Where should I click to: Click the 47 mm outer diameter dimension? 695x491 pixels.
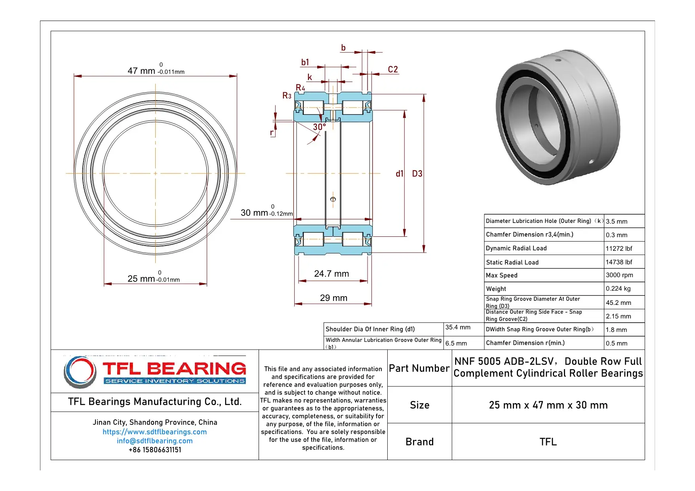point(156,71)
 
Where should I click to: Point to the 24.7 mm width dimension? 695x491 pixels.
point(331,274)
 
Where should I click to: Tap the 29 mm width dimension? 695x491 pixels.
point(333,298)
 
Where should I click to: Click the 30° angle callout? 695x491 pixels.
point(319,127)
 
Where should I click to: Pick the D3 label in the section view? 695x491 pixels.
point(417,174)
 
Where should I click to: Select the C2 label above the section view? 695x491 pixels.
point(392,70)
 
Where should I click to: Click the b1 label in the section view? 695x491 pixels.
point(305,63)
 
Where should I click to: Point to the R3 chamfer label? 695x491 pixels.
point(287,96)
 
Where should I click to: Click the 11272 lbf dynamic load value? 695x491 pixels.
point(619,248)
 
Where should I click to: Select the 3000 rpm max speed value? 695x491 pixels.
point(619,275)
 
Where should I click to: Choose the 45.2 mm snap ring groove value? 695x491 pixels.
point(618,303)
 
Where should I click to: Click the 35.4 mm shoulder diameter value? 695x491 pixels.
point(458,327)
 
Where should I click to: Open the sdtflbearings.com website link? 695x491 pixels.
point(154,432)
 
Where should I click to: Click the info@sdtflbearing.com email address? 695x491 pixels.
point(154,441)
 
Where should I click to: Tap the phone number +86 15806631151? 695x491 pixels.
point(154,450)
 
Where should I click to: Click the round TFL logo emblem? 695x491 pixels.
point(80,372)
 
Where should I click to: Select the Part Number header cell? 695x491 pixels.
point(419,368)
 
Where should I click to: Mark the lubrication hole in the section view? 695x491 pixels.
point(333,199)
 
